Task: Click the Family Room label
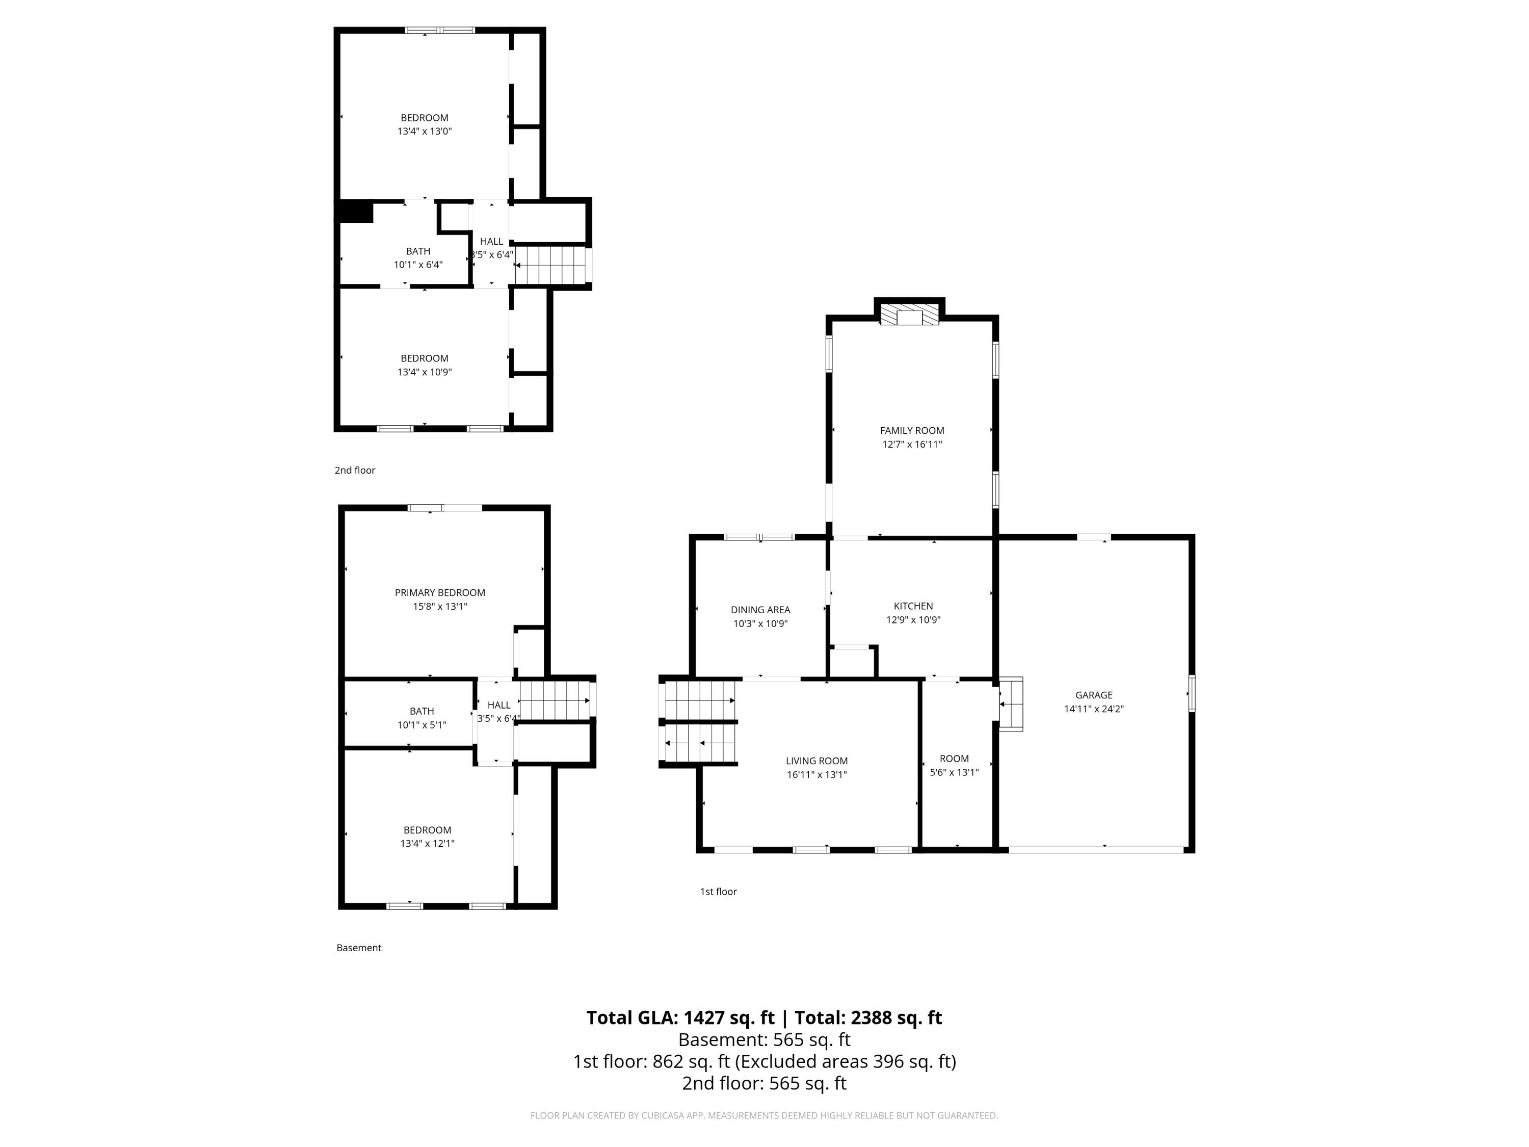[x=912, y=431]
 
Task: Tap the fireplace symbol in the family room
[x=910, y=315]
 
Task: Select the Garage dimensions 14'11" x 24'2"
[x=1094, y=709]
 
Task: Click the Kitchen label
[x=913, y=606]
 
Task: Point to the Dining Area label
[x=760, y=610]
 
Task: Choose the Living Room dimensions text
[x=816, y=774]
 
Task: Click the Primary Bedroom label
[x=440, y=592]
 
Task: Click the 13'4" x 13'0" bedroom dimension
[x=425, y=132]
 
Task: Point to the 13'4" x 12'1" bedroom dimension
[x=427, y=844]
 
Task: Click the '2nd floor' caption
[x=355, y=470]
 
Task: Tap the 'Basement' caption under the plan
[x=359, y=948]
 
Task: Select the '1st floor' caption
[x=718, y=892]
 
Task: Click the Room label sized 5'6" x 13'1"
[x=954, y=759]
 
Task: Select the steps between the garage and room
[x=1011, y=704]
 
